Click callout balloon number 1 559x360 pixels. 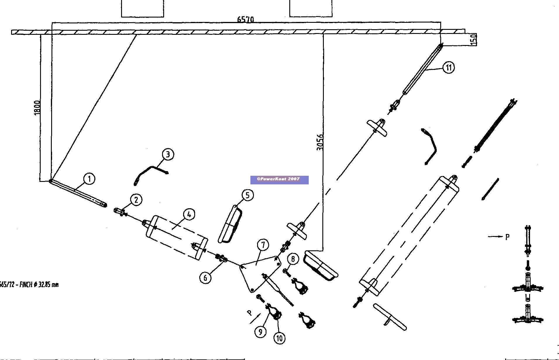point(89,178)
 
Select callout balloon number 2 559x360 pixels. point(136,200)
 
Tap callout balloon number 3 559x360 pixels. point(168,154)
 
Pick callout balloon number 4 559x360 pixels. point(189,214)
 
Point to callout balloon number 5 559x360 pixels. point(247,195)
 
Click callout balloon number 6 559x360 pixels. point(205,278)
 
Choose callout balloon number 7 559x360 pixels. point(263,245)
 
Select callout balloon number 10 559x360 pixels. point(279,338)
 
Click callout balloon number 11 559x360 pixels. point(449,68)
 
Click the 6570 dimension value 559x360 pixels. point(245,19)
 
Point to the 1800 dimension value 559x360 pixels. point(37,108)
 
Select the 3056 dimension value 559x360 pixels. point(320,142)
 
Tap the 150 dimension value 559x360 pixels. point(474,39)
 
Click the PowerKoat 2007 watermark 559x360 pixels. point(279,180)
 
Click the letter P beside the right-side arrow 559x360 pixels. point(508,237)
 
